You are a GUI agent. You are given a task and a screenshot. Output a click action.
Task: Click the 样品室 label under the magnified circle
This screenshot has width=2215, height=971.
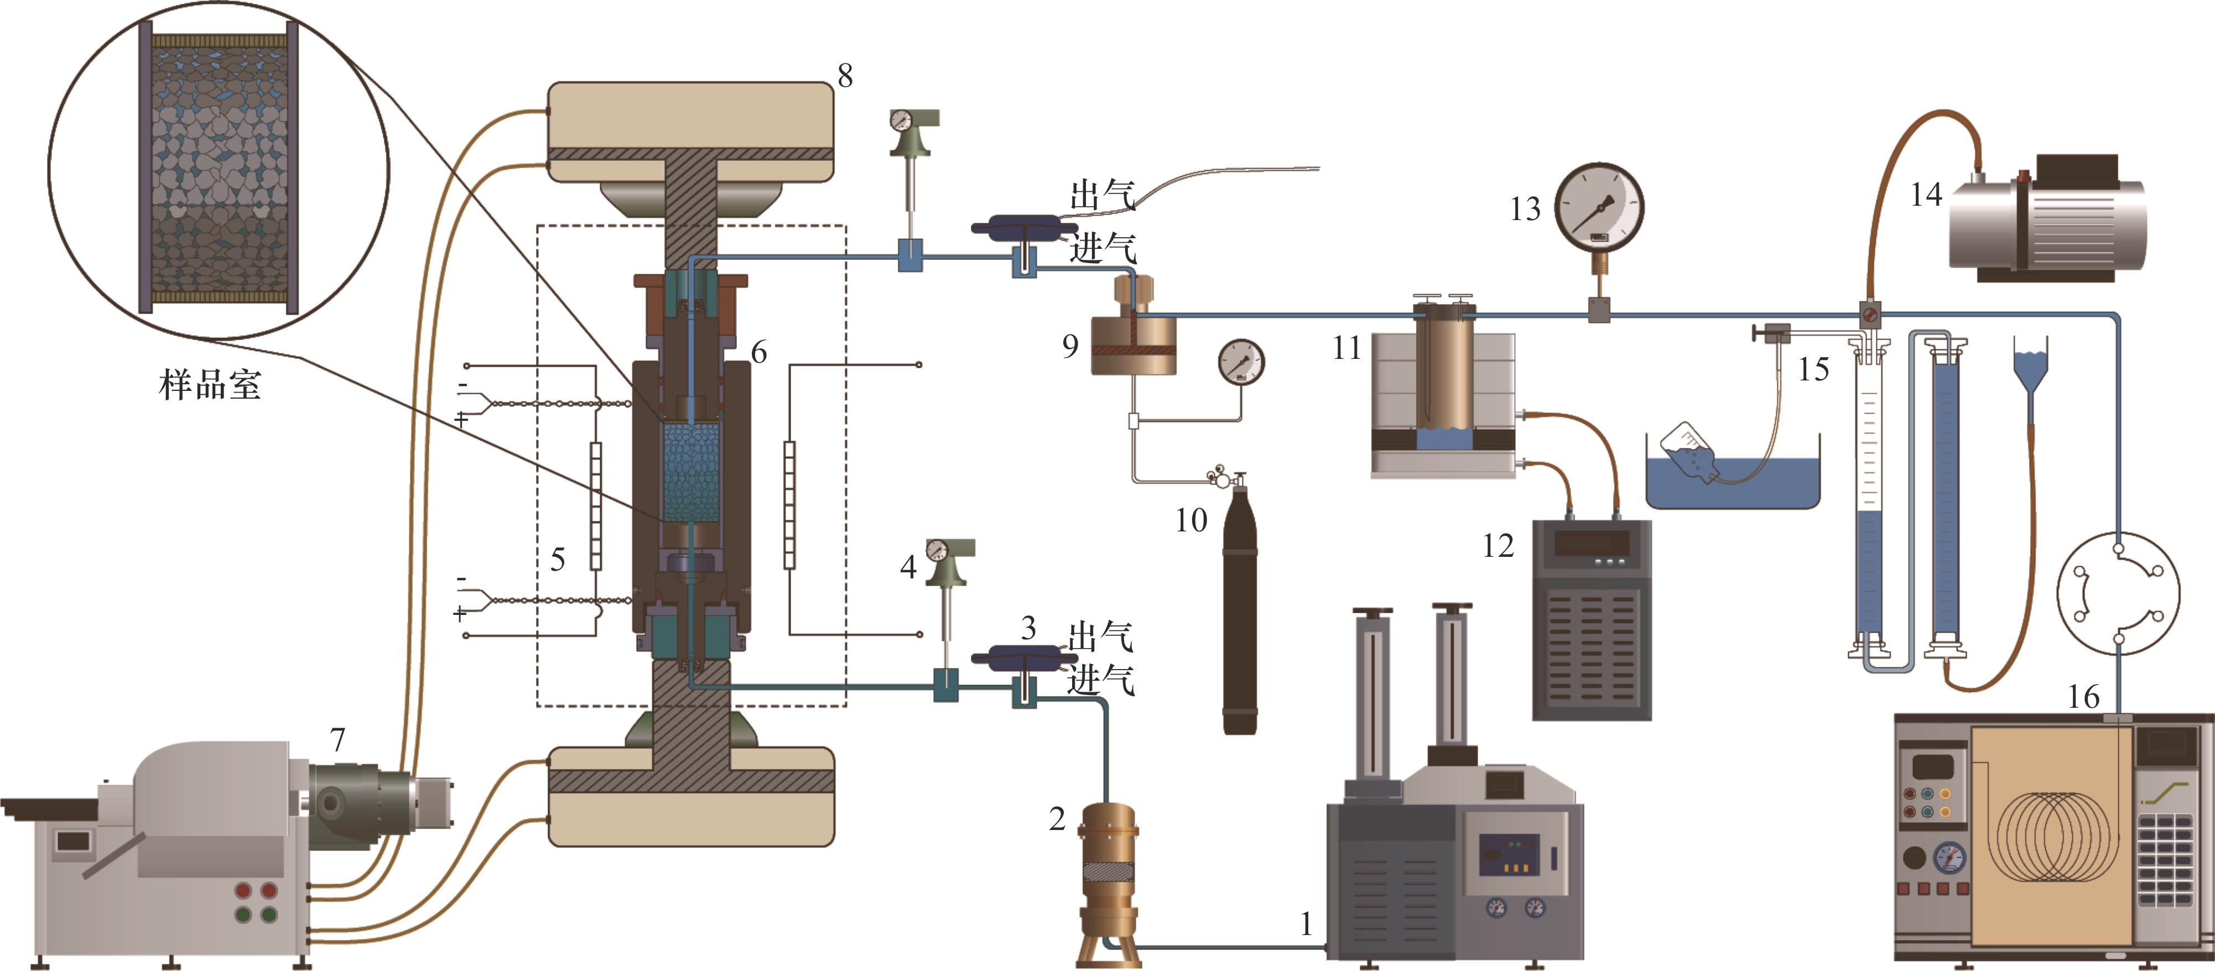[210, 385]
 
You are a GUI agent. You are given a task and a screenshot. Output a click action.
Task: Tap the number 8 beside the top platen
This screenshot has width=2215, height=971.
[845, 76]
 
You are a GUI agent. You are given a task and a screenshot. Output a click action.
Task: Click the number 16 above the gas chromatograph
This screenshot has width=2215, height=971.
[2083, 696]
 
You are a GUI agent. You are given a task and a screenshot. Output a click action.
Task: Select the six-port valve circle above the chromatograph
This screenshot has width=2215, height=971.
[2118, 593]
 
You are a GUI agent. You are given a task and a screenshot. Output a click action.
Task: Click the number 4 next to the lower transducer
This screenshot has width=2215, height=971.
[908, 567]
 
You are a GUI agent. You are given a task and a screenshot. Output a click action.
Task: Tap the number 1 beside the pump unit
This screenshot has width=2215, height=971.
[1306, 925]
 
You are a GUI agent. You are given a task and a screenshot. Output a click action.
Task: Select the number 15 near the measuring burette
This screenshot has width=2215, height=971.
[1813, 369]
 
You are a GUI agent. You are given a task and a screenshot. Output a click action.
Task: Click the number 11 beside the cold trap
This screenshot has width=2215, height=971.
[1346, 348]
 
